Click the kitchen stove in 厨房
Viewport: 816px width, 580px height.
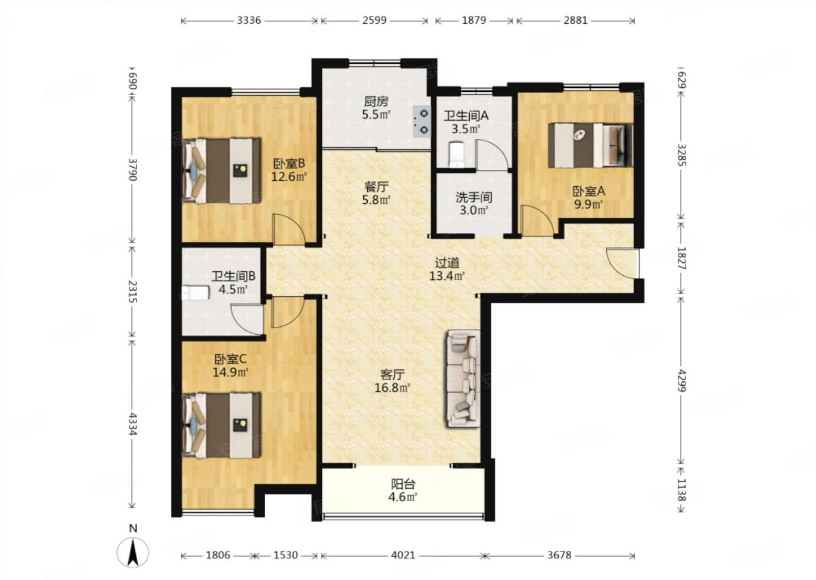422,122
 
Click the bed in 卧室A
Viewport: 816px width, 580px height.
590,146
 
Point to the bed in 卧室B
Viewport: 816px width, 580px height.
222,170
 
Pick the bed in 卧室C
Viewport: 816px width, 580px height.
222,425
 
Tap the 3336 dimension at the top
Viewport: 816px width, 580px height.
249,20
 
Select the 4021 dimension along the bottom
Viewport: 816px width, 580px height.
403,555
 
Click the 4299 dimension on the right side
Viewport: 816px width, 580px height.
682,381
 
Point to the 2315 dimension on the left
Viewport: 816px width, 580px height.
132,291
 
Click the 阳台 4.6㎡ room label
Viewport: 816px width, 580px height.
403,491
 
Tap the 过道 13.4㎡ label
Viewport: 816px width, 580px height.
447,270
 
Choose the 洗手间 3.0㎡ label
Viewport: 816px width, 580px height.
474,204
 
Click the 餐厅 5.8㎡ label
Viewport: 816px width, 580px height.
377,193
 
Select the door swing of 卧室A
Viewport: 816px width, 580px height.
538,221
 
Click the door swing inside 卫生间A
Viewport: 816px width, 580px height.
491,155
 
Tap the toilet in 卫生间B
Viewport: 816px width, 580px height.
195,293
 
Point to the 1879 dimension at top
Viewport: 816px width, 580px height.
474,20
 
